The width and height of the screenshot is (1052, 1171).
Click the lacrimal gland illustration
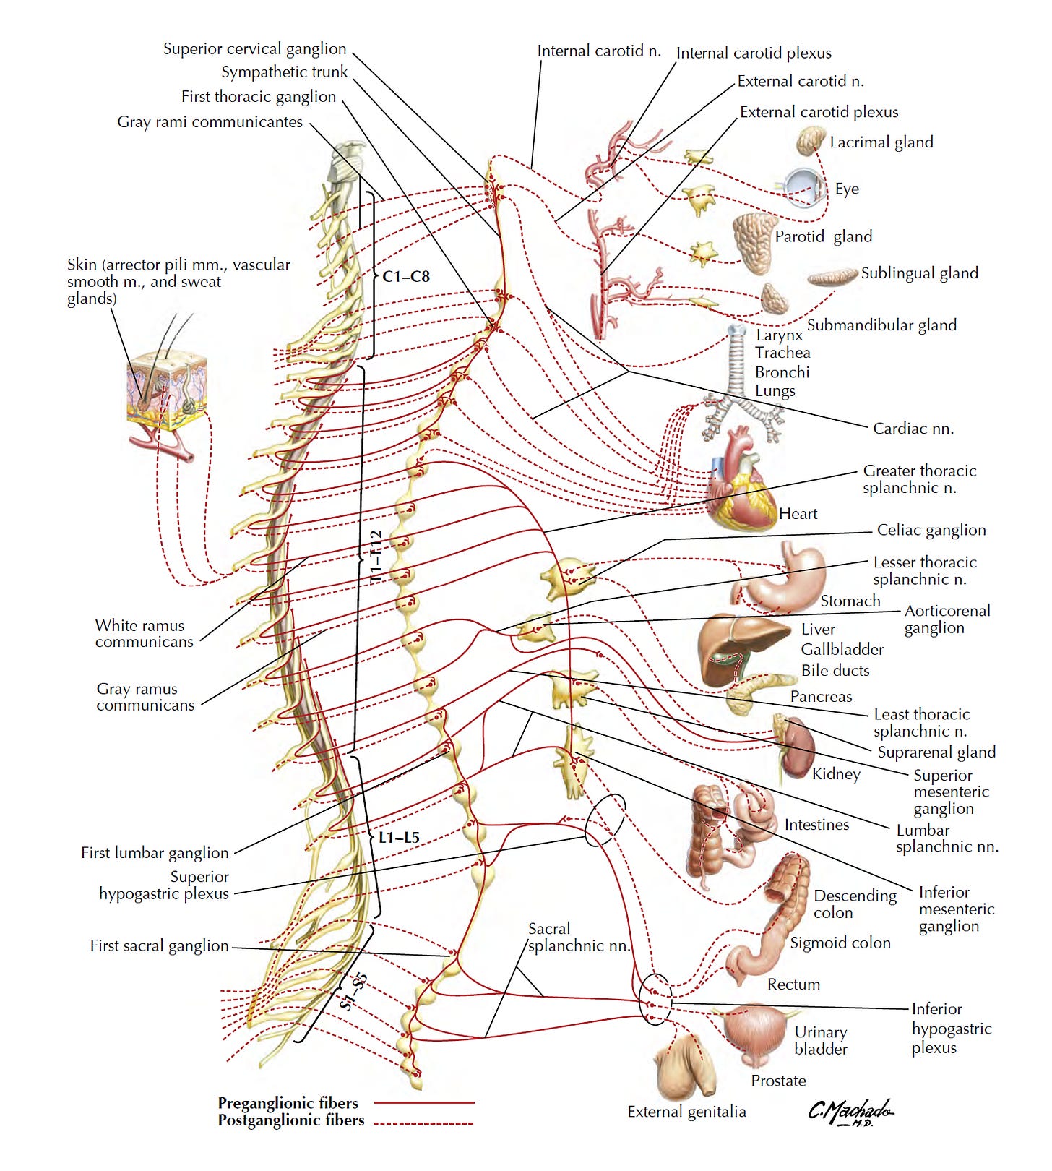point(811,141)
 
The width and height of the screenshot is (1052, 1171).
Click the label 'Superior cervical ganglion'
point(254,49)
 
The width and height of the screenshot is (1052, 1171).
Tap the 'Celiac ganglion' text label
point(931,530)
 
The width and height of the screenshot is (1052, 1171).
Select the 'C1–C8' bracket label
point(405,276)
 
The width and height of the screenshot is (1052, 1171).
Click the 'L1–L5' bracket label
point(399,838)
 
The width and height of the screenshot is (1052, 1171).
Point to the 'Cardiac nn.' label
point(913,429)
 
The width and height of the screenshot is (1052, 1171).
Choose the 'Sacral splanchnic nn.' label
point(578,937)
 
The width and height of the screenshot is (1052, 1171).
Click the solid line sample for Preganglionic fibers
point(425,1103)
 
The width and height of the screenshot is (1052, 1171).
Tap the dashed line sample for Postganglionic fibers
point(425,1123)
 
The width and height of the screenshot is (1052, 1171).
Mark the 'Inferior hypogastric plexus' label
point(951,1028)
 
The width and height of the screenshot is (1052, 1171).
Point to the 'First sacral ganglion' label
point(159,945)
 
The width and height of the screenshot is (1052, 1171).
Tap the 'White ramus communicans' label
point(144,633)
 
